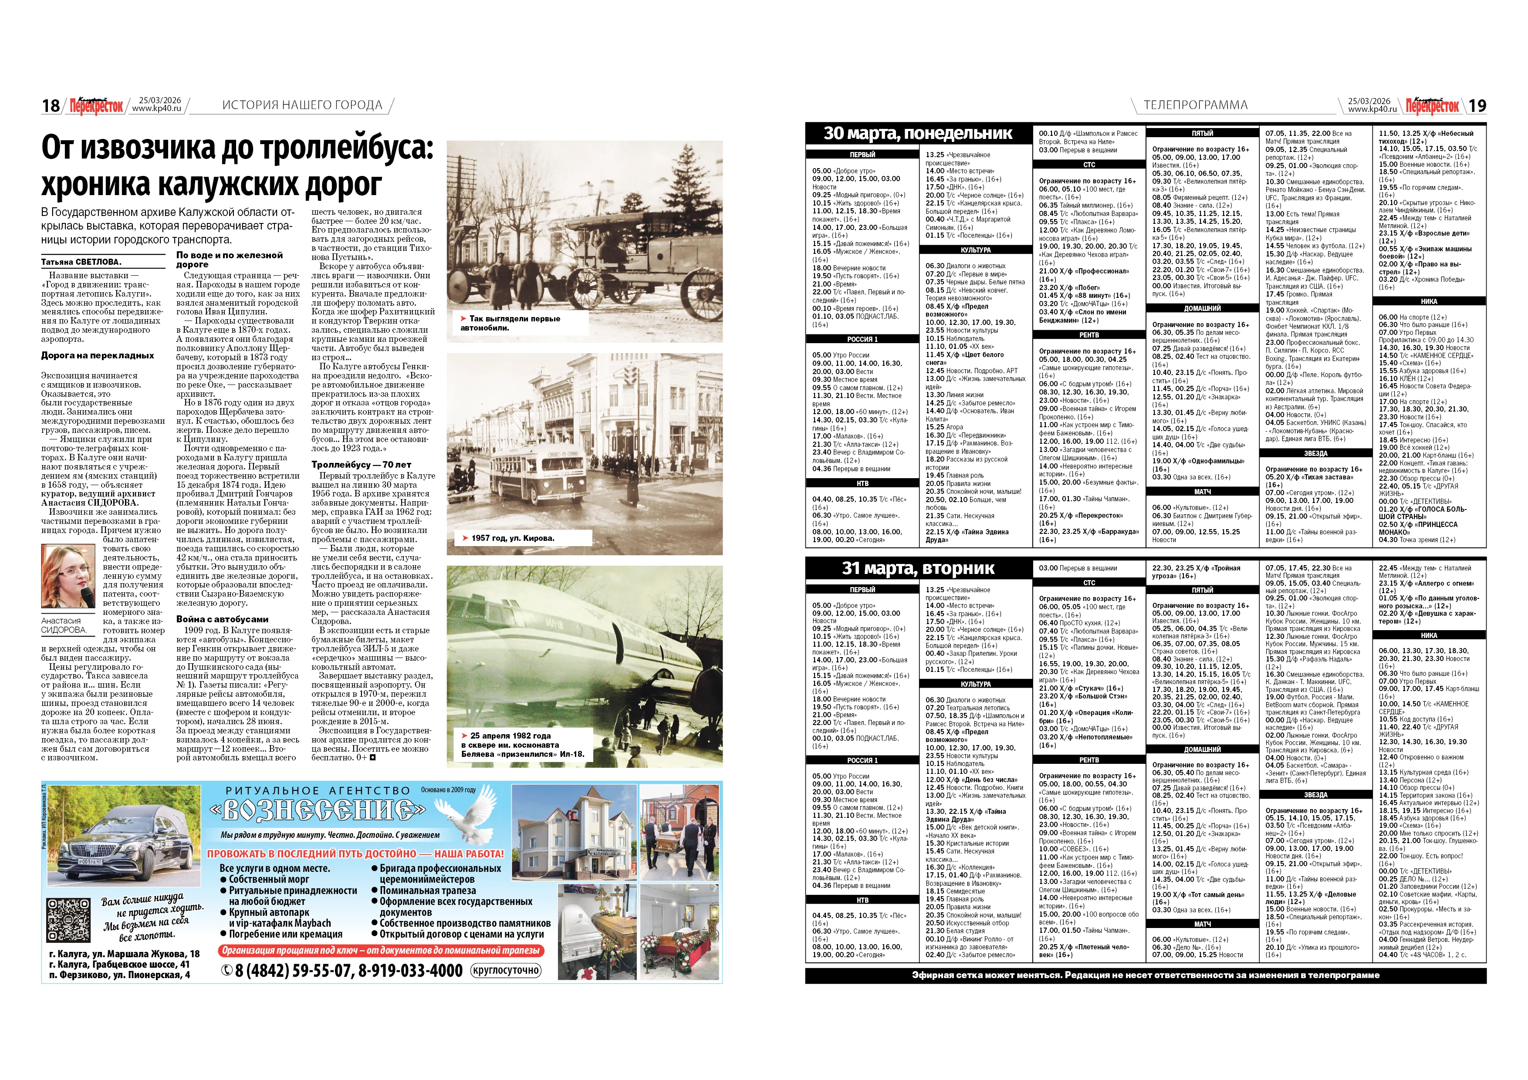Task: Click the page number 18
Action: (51, 106)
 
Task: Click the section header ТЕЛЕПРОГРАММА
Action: (1195, 105)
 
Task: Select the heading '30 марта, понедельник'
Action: (918, 134)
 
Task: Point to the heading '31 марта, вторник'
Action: (918, 568)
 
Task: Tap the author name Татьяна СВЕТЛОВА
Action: (81, 262)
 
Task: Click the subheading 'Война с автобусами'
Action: (222, 619)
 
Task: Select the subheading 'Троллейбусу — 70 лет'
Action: (362, 465)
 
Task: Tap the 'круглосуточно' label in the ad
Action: (506, 970)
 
